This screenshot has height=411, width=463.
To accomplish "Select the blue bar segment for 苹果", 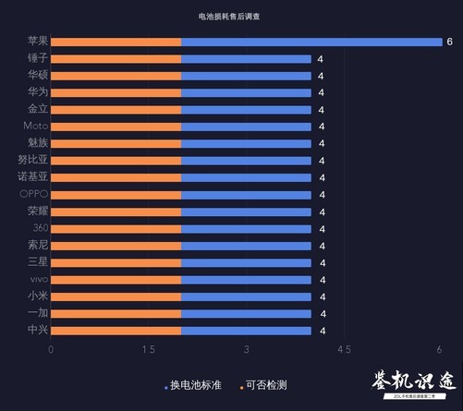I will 311,42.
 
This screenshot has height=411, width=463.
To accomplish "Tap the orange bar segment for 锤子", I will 116,59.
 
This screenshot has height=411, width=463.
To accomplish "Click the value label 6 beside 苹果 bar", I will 449,42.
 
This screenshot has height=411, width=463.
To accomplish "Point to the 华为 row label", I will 38,92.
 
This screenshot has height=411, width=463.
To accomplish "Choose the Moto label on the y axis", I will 35,127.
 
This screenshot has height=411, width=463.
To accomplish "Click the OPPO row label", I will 33,194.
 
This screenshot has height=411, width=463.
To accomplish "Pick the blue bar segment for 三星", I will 246,262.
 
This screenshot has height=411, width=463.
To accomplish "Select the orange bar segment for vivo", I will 116,279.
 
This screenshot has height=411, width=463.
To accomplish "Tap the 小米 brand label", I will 38,296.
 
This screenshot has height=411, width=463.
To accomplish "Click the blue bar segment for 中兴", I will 246,330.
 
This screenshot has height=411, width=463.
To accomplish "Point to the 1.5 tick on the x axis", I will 148,349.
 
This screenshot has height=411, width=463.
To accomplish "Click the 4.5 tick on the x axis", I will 344,349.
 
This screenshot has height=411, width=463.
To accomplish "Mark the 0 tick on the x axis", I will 51,349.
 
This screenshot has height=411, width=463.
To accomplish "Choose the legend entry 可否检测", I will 264,384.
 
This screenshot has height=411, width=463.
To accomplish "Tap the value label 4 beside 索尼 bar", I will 322,246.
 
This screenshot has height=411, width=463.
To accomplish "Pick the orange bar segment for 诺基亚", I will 116,177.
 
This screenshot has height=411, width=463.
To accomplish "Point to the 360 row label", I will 39,228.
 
